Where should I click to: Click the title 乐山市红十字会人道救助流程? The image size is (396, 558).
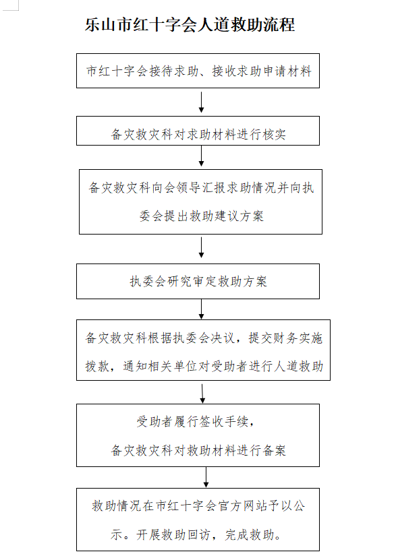click(190, 25)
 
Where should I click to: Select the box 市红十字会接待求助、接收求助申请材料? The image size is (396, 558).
click(198, 71)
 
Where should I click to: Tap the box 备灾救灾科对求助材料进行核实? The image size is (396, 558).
click(198, 131)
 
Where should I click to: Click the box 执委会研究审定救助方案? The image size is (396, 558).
click(198, 281)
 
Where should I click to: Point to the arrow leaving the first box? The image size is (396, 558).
click(201, 102)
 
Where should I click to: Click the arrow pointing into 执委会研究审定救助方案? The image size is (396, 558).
click(201, 248)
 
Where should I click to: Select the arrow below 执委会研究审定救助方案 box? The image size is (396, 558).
click(201, 309)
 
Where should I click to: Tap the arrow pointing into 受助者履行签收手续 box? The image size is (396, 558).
click(202, 394)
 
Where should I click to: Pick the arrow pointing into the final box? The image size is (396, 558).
click(206, 477)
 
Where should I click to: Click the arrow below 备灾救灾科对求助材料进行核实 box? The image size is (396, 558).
click(201, 156)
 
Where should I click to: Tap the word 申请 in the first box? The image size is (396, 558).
click(273, 71)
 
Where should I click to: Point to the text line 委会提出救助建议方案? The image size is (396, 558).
click(202, 216)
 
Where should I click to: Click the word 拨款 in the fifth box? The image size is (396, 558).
click(97, 366)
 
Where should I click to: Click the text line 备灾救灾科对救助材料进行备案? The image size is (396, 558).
click(198, 451)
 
